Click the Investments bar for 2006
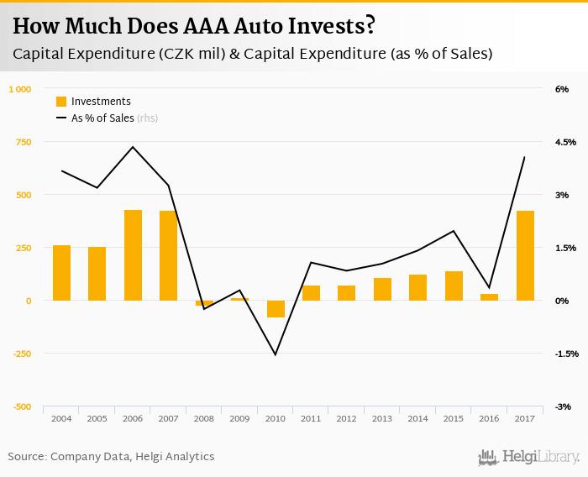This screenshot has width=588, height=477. point(133,254)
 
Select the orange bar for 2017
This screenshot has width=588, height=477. point(525,255)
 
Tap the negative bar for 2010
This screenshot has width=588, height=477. point(276,309)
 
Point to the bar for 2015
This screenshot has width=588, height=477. point(454,286)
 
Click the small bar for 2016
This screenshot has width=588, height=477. point(489,296)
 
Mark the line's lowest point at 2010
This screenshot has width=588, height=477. point(276,354)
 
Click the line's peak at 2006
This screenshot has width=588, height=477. point(133,147)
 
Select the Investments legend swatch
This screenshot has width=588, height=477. point(61,102)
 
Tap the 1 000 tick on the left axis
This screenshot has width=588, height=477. point(19,89)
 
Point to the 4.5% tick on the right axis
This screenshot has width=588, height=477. point(566,142)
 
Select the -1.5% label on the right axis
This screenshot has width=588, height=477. point(566,354)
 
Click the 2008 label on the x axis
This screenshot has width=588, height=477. point(204,418)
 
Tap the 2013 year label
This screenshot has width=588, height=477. point(382,418)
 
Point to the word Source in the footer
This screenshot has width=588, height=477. point(27,456)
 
